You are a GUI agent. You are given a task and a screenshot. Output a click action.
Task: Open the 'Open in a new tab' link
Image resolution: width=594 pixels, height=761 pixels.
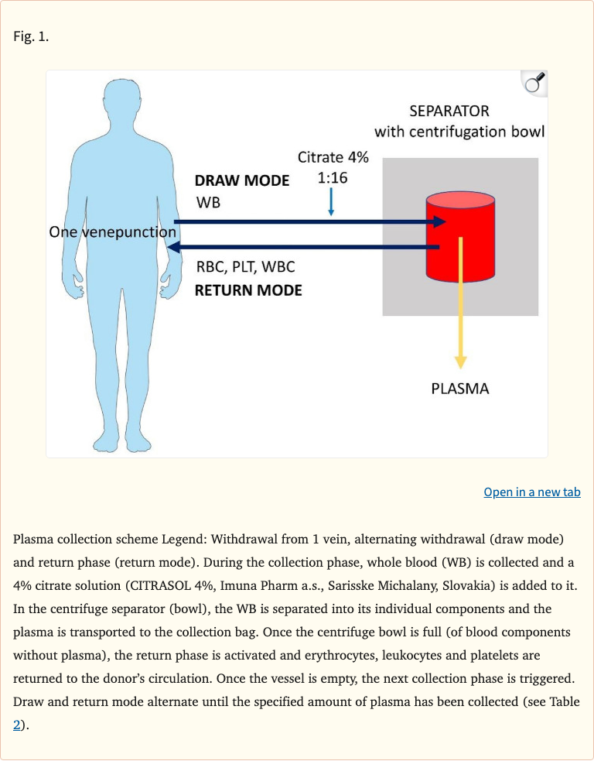click(531, 492)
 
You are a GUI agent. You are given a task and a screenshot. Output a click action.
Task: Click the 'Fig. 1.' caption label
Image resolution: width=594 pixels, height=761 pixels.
click(31, 36)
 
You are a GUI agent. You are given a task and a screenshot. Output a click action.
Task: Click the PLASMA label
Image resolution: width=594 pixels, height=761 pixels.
click(460, 389)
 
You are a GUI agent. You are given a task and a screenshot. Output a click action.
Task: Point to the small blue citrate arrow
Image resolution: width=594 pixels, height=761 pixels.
click(331, 202)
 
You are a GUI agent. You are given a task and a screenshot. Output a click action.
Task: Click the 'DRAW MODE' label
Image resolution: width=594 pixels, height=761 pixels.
click(241, 181)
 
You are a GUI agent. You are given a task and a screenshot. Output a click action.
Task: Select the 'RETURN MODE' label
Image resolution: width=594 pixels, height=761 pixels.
click(247, 291)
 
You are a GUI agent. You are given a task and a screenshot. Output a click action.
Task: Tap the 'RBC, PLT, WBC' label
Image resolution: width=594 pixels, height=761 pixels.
click(245, 268)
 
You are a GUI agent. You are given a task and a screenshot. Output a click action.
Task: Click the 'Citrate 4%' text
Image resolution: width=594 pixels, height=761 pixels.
click(333, 157)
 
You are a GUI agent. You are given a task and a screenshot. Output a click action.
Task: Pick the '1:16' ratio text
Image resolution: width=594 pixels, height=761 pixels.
click(333, 178)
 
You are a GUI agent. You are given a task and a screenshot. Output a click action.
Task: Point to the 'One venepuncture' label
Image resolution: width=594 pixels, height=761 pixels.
click(112, 232)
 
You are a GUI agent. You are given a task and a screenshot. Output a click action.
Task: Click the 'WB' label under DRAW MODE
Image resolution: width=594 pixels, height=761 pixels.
click(208, 203)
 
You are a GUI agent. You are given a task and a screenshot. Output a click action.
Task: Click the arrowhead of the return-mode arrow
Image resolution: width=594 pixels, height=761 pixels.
click(175, 248)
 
